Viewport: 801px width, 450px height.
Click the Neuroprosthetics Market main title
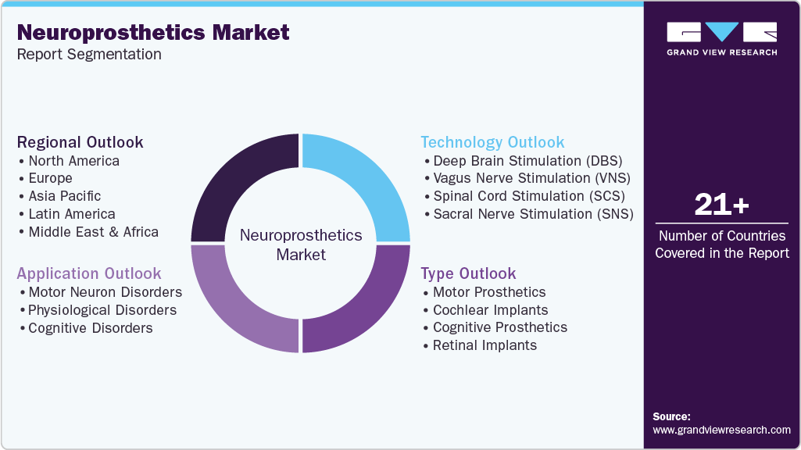153,33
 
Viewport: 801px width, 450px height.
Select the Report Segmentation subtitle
89,55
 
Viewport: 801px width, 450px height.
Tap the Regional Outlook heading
80,142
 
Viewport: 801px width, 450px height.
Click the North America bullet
73,161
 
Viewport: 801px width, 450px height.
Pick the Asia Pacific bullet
64,196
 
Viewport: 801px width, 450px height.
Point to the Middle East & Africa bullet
93,232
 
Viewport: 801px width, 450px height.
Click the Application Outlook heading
89,273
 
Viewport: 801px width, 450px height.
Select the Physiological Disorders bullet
102,310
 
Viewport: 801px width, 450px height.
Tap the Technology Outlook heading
492,142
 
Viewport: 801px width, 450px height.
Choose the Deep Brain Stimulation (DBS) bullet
527,161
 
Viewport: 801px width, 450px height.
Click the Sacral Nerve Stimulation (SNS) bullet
533,214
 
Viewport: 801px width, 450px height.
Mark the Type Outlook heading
468,273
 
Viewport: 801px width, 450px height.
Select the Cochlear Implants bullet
490,310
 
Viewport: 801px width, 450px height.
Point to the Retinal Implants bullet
485,345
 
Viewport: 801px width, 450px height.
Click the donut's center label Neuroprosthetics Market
301,245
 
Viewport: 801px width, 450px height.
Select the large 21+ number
721,205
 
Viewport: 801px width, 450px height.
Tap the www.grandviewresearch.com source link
721,430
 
